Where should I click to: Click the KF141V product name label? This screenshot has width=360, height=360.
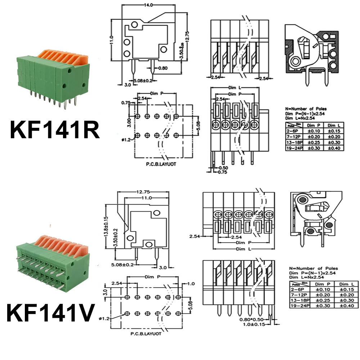click(50, 312)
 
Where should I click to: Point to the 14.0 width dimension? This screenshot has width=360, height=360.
click(149, 5)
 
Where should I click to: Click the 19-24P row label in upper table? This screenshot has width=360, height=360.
click(294, 148)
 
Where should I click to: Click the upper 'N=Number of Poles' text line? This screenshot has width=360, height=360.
click(306, 108)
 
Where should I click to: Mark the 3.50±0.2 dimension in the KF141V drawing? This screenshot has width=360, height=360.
click(114, 238)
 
